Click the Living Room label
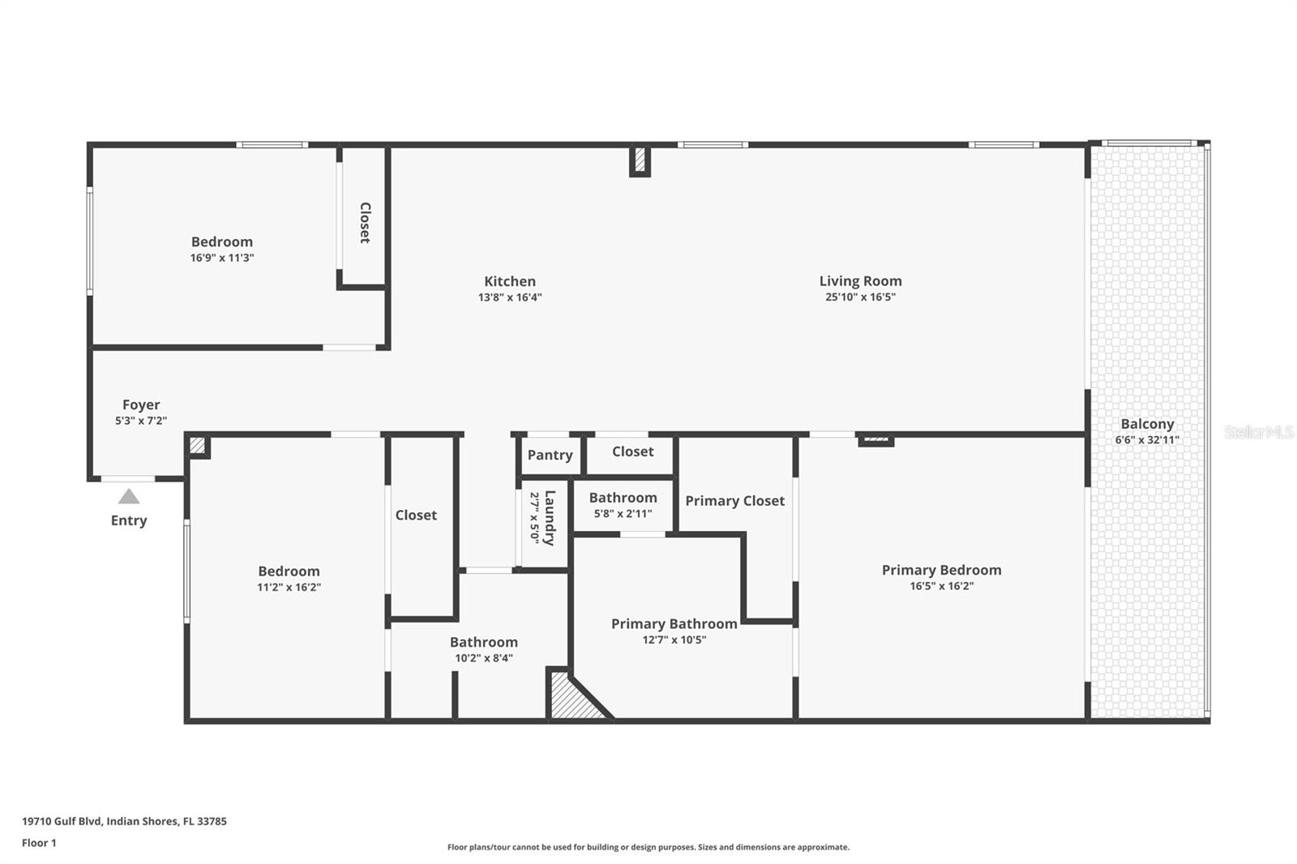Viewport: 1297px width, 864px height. (860, 281)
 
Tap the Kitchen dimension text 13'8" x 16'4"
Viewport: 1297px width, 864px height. (510, 297)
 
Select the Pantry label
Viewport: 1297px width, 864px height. (550, 455)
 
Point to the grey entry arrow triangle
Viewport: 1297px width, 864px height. (129, 497)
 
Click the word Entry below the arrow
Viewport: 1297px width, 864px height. (129, 520)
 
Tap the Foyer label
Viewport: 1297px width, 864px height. (141, 404)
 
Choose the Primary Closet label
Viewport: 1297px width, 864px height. (734, 501)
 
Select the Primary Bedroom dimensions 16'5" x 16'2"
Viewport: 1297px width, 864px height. (941, 586)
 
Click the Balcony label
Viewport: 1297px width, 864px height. (1147, 424)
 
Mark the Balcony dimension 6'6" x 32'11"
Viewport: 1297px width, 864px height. (1147, 440)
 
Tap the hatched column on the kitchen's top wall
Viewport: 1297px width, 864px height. (640, 160)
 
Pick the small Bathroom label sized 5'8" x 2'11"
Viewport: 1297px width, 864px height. (623, 498)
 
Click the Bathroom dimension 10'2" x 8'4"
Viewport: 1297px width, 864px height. (483, 658)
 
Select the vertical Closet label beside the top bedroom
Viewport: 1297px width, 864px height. (365, 222)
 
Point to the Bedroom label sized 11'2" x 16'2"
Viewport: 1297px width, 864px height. (289, 571)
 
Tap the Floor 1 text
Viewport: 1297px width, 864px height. (39, 843)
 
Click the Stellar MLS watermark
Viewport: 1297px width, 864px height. (1258, 432)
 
